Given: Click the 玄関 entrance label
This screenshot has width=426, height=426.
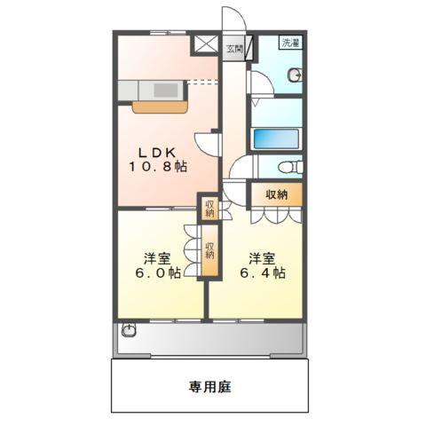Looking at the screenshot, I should pos(233,49).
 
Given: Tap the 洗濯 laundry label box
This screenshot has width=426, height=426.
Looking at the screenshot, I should pos(290,43).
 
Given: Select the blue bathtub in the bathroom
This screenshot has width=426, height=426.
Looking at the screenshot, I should pos(277,139).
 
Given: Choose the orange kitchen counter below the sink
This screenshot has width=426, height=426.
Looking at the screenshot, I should pos(160,106).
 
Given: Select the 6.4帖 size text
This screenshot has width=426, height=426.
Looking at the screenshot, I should pos(261,274).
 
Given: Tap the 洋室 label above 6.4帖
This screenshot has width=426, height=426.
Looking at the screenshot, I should pos(261,258).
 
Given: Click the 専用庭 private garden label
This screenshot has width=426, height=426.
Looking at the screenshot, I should pos(210,387).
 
